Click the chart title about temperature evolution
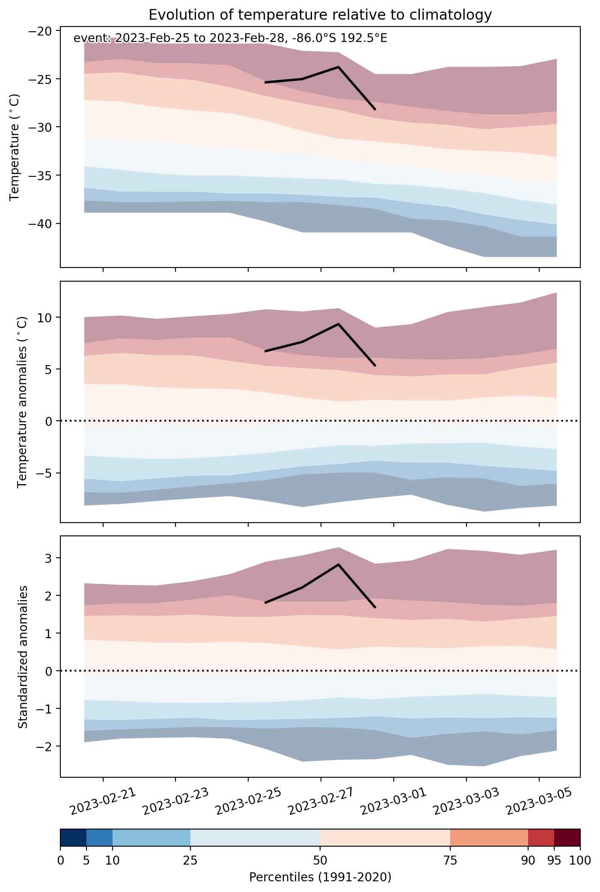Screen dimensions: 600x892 pos(320,15)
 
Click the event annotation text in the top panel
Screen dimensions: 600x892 pos(230,39)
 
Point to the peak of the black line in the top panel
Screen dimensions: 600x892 pos(338,67)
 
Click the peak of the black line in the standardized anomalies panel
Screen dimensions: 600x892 pos(338,565)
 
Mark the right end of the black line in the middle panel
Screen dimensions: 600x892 pos(375,366)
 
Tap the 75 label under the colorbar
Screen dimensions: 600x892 pos(450,860)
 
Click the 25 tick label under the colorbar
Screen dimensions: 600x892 pos(190,860)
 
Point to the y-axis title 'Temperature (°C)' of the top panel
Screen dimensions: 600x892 pos(15,147)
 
